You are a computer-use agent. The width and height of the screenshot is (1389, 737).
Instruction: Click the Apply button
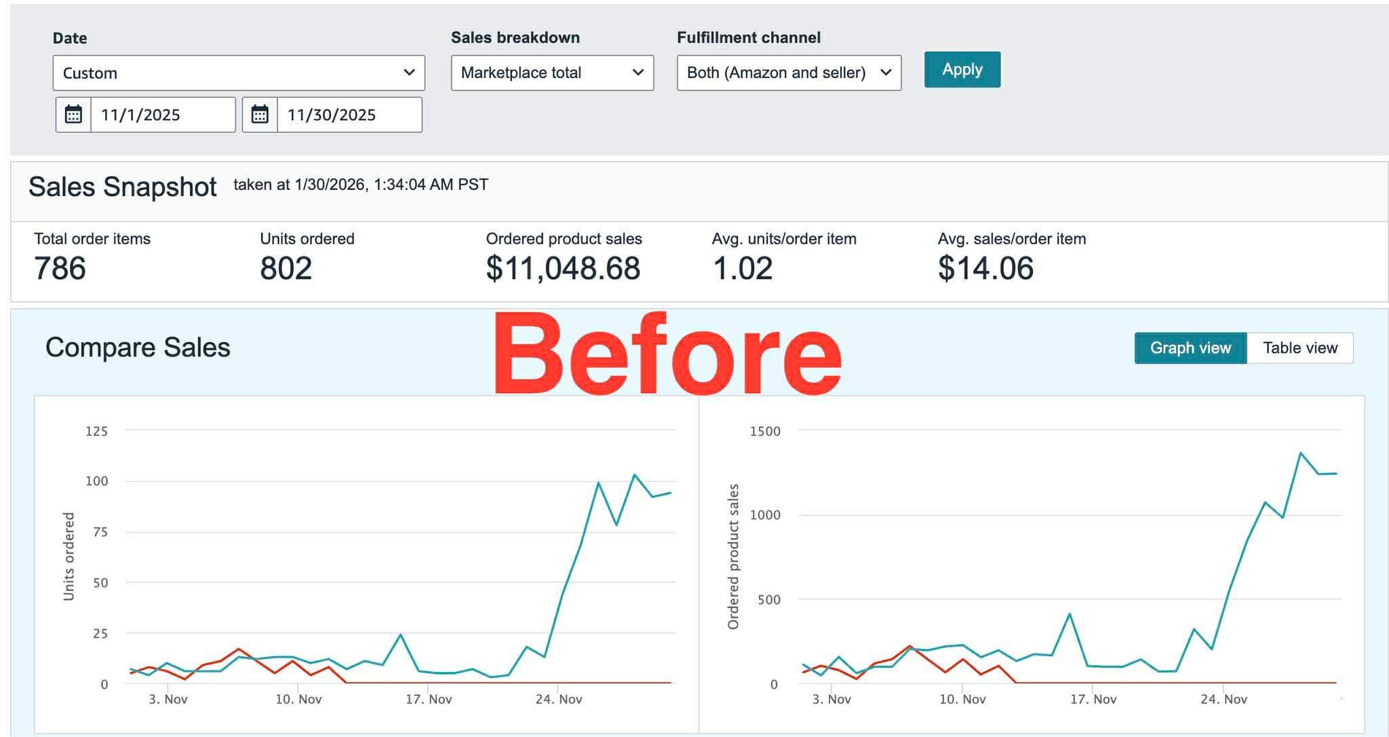[962, 69]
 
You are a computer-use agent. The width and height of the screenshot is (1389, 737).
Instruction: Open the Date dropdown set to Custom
[239, 73]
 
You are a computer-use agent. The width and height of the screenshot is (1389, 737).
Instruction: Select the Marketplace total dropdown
[552, 73]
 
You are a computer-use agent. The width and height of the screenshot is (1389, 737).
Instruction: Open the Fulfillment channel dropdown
[789, 73]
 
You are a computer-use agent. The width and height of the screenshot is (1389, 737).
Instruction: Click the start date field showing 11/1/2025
[163, 115]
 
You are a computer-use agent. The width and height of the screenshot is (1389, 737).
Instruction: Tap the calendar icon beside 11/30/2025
[260, 115]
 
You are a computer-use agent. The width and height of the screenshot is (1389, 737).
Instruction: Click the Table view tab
[1299, 348]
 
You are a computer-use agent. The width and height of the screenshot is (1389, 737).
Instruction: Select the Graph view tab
[1190, 348]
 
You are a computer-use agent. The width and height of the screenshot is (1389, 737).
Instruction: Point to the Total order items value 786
[60, 268]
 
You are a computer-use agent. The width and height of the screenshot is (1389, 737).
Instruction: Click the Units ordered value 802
[286, 268]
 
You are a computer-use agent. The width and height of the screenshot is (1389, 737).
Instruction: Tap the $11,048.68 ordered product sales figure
[563, 268]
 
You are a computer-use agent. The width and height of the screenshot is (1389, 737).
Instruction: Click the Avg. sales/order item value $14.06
[985, 268]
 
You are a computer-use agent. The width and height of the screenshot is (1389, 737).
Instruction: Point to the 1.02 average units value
[743, 268]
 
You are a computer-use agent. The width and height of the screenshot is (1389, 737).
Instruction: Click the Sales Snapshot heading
[123, 187]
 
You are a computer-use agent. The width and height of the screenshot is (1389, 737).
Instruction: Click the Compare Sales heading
[138, 347]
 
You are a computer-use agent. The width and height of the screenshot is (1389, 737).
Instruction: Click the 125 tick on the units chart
[96, 431]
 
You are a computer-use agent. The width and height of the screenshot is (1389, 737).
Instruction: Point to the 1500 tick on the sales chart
[765, 431]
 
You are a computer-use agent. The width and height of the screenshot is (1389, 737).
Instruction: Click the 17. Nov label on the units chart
[429, 699]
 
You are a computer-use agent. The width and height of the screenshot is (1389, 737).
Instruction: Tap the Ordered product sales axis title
[733, 556]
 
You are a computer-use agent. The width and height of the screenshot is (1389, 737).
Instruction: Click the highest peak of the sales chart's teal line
[1300, 453]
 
